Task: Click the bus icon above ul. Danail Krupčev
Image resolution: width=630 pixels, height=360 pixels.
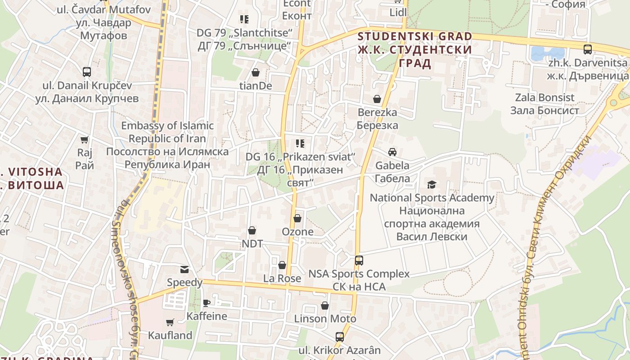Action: pos(87,72)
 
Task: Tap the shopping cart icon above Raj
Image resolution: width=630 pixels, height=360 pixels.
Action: pos(84,139)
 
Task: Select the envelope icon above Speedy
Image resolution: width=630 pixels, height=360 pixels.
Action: pos(184,270)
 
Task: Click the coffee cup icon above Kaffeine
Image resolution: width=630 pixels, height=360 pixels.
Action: pos(207,303)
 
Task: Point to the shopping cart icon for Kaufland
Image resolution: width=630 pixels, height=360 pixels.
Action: pos(170,322)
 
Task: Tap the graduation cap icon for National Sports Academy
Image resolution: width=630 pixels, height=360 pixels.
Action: pos(432,184)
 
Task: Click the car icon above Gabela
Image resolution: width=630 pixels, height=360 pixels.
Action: pos(392,152)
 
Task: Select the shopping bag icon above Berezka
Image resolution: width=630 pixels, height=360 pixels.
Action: pos(377,99)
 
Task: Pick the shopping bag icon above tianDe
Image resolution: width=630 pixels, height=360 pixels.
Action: pos(256,72)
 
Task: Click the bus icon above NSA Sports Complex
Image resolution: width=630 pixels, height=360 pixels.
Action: pos(359,260)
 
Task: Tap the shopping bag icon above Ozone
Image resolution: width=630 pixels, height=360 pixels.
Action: pos(297,218)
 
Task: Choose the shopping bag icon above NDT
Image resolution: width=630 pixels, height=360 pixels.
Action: pos(252,230)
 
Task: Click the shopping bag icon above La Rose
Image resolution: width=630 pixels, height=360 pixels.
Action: pos(282,265)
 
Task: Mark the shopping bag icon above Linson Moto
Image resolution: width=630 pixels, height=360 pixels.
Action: pos(325,306)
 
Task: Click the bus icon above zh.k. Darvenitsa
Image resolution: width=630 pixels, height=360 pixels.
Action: pos(587,49)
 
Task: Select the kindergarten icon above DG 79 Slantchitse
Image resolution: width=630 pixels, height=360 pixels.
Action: pos(244,19)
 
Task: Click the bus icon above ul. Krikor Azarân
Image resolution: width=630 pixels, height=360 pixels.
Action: pos(340,337)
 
